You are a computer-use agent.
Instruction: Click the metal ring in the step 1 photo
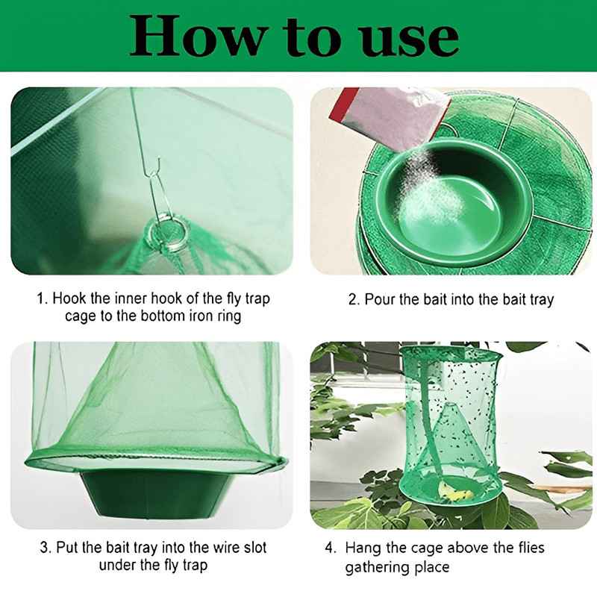[169, 231]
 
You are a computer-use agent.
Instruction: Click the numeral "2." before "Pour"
[354, 299]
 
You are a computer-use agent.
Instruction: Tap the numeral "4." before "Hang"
[330, 548]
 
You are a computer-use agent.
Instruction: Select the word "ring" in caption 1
[230, 316]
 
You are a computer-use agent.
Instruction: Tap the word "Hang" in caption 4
[363, 548]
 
